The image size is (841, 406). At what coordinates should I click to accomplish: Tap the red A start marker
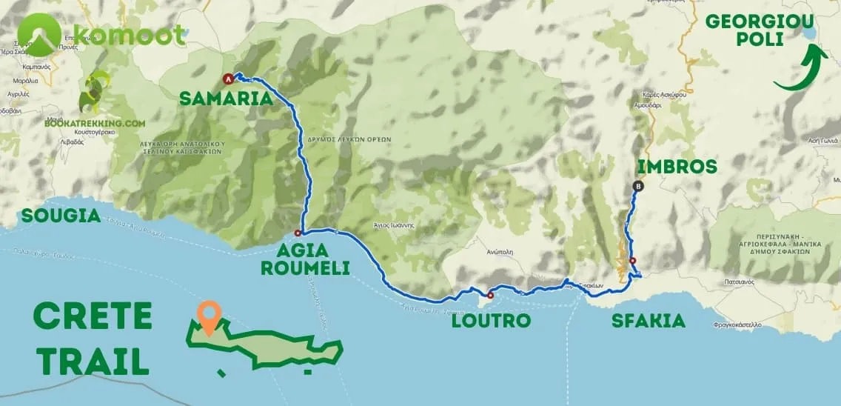coord(228,79)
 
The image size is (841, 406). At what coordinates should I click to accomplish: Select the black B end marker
coord(638,187)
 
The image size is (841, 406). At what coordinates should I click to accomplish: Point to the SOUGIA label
coord(61,216)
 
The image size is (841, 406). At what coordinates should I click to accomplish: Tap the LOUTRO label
coord(492,321)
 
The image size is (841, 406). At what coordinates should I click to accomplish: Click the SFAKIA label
coord(648,321)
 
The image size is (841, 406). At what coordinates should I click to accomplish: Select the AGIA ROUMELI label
coord(305,259)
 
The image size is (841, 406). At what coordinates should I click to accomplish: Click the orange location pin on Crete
coord(210,316)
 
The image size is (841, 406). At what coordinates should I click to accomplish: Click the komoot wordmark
coord(129,35)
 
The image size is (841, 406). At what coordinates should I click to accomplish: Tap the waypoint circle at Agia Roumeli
coord(298,232)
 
